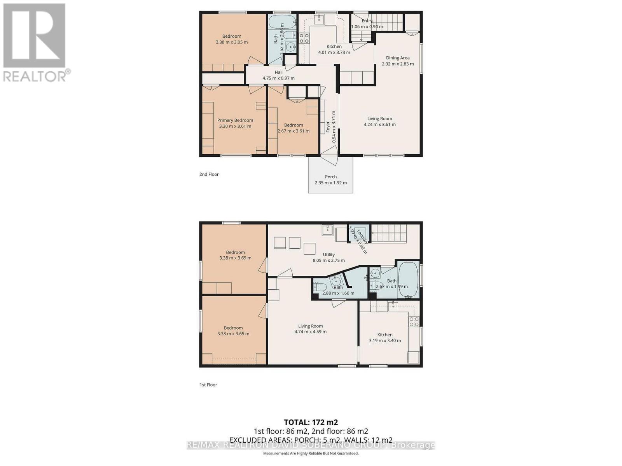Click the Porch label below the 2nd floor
pos(331,177)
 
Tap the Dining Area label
pos(398,58)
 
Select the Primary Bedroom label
pos(235,120)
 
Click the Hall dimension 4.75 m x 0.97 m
pos(278,78)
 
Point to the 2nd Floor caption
pos(209,174)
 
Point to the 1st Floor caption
pos(208,385)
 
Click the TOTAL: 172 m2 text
pos(311,422)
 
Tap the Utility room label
pos(328,255)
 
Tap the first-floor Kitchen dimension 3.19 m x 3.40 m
pos(385,341)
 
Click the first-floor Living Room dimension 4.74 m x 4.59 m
pos(310,332)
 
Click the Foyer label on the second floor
pos(328,127)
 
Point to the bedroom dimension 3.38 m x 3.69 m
pos(235,258)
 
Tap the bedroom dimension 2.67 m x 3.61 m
pos(294,131)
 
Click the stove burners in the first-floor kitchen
pos(414,321)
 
